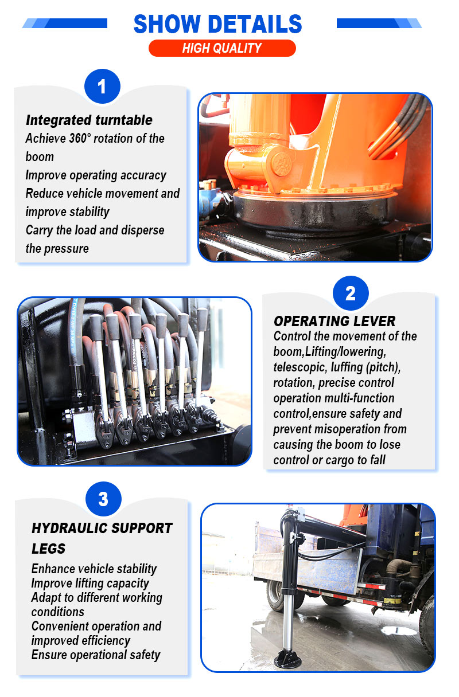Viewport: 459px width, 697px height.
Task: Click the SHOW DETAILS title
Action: (x=217, y=24)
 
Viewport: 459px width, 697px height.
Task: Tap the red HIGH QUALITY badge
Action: (x=222, y=48)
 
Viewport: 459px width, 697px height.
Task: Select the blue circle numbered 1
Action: (x=102, y=86)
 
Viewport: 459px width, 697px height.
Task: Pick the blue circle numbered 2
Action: (x=351, y=293)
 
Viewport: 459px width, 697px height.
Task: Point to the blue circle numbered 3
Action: (x=103, y=499)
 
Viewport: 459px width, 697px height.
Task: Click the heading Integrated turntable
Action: (x=89, y=120)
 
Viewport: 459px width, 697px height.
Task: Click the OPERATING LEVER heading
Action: (x=334, y=321)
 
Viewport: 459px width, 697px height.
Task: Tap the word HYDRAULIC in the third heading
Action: (x=69, y=528)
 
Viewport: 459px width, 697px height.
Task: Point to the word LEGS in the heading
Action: (x=49, y=549)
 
